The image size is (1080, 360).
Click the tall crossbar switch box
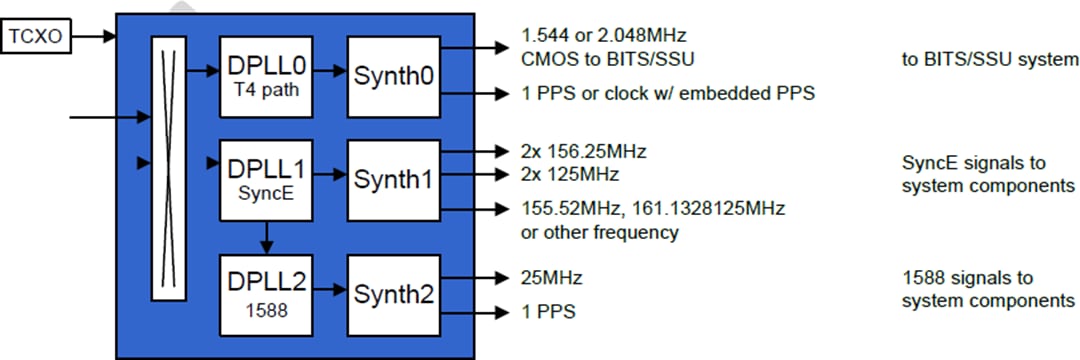point(168,168)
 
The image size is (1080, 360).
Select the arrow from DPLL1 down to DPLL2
point(265,237)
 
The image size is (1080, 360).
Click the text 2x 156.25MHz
point(583,152)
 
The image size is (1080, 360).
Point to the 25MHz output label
point(551,277)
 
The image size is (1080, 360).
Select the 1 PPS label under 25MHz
point(548,311)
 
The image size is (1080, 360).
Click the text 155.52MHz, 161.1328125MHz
point(652,209)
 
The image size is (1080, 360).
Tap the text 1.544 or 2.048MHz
point(604,36)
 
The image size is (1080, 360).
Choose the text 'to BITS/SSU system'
point(989,60)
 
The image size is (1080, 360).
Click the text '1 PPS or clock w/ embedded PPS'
point(668,94)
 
